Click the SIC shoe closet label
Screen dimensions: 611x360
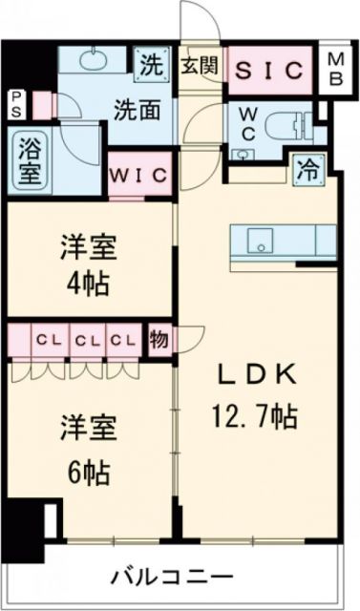pos(269,70)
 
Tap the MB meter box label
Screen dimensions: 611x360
pos(337,70)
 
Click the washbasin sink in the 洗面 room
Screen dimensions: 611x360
pos(95,63)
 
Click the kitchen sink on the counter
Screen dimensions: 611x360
pos(257,241)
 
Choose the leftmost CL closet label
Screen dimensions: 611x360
pos(44,338)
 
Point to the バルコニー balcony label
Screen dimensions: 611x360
pos(171,577)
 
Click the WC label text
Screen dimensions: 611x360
pos(246,122)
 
